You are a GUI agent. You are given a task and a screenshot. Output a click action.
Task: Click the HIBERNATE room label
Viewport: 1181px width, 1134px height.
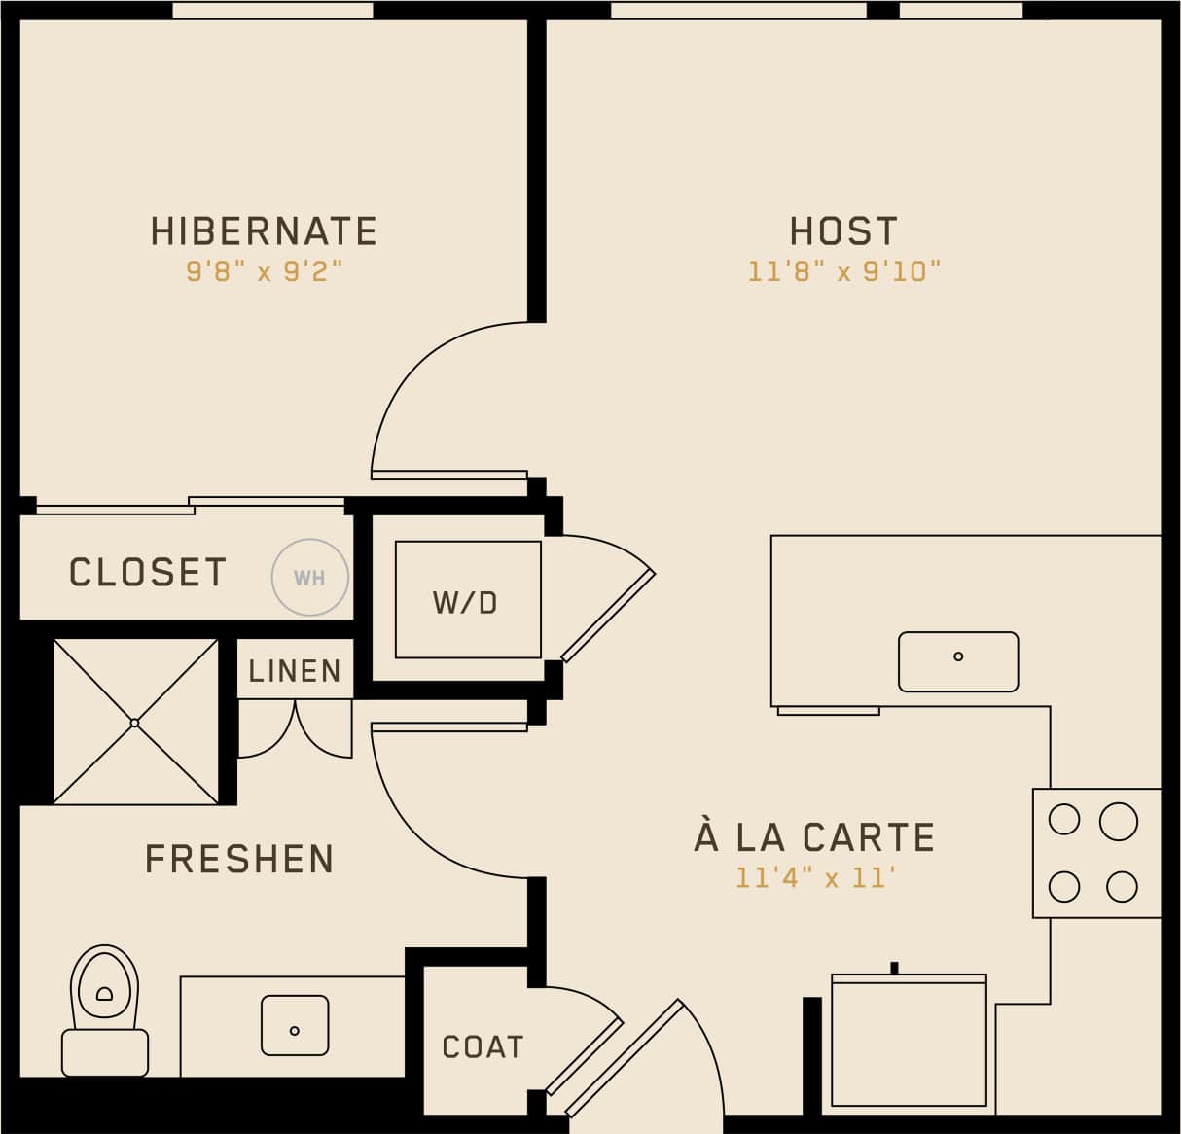click(264, 231)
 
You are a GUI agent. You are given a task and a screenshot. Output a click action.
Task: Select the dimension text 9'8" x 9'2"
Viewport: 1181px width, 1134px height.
click(265, 271)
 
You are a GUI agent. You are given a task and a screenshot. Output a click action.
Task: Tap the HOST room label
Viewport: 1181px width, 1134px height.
click(843, 231)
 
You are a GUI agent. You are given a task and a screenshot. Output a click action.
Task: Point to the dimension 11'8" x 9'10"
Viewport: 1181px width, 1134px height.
click(843, 271)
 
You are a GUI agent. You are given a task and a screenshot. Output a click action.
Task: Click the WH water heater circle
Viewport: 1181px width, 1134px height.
click(309, 578)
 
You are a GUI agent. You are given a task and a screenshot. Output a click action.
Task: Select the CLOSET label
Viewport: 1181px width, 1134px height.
click(148, 573)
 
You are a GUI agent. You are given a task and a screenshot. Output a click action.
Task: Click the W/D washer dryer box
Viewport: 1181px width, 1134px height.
click(467, 600)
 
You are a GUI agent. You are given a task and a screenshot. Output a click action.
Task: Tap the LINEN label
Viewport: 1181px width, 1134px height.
click(295, 671)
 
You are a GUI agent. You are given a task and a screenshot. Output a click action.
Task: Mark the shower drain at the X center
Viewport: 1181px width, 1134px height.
click(135, 722)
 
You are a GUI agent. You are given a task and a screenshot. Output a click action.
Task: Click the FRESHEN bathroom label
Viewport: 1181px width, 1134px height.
click(239, 860)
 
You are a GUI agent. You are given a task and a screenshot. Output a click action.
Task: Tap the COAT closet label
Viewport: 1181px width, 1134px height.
click(483, 1047)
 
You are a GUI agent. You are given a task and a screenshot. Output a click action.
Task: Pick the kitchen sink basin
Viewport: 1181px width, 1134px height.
click(958, 661)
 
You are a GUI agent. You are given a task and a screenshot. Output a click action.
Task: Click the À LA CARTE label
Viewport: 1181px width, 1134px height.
click(814, 837)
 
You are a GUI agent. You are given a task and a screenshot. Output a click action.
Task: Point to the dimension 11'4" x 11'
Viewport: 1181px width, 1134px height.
click(814, 878)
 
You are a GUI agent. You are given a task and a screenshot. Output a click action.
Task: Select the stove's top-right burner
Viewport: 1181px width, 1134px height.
click(1119, 822)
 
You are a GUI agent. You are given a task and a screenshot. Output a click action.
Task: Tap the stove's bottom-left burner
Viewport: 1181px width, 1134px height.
click(1064, 886)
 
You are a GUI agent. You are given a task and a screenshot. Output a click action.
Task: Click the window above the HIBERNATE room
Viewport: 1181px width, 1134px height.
click(272, 10)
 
